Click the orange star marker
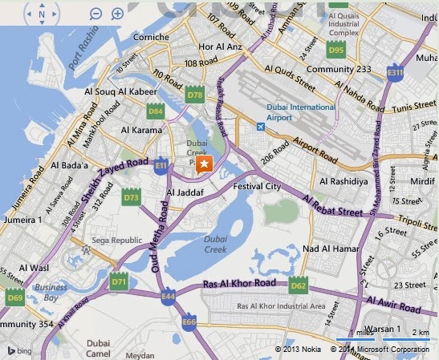205,164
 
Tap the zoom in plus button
117,14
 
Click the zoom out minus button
96,14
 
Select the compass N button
41,14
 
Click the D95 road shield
336,50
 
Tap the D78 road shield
195,95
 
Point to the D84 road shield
156,111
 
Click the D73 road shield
132,196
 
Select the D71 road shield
120,281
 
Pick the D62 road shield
299,285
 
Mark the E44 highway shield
167,297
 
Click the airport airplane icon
260,127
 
